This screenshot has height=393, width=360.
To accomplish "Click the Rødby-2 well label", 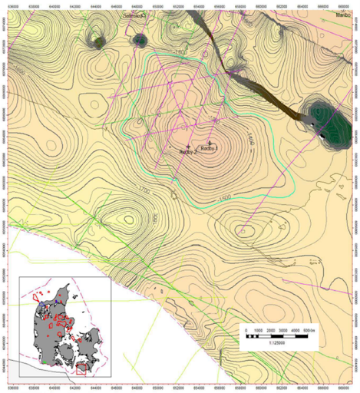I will pos(189,152).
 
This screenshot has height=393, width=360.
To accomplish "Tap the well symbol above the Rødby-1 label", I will pos(210,142).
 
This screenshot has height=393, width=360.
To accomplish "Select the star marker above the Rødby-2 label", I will pos(189,146).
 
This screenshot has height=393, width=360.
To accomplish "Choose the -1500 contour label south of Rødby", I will pos(223,199).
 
